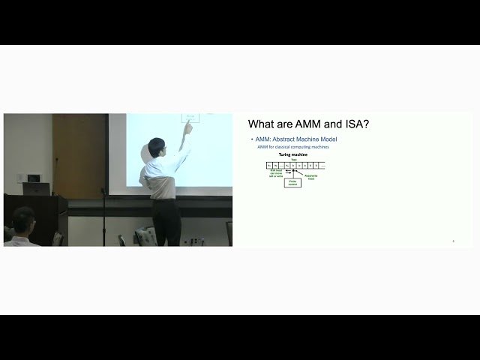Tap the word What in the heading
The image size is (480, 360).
(263, 124)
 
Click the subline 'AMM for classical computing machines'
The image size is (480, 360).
(293, 147)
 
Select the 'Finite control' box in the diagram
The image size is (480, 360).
(292, 181)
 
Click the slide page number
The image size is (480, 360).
(453, 241)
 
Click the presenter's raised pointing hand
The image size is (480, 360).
(188, 127)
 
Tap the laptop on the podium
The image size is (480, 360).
(37, 188)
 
